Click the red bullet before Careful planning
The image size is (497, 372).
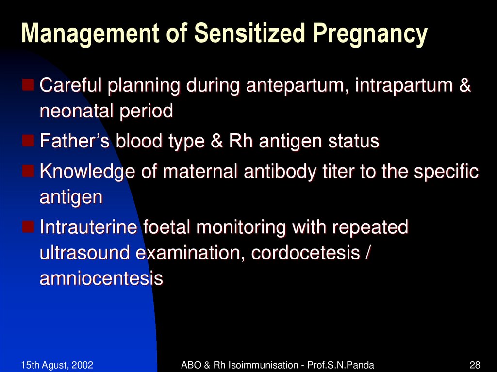(29, 86)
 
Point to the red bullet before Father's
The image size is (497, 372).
(29, 141)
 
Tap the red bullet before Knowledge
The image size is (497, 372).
(29, 171)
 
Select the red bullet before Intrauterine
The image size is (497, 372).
(29, 226)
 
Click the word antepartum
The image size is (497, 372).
(297, 87)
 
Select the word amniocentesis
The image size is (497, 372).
(101, 279)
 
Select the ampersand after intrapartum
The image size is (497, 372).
(464, 87)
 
